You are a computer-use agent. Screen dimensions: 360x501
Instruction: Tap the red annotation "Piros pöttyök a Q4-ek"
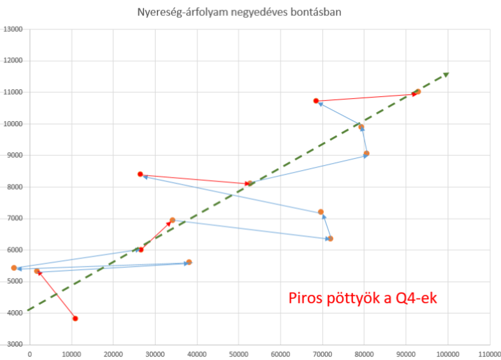pyautogui.click(x=363, y=298)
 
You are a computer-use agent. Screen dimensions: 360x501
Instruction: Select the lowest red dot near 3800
pyautogui.click(x=75, y=318)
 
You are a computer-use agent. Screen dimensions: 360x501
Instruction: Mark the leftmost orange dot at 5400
pyautogui.click(x=14, y=268)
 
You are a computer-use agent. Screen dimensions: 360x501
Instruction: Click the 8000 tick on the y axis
pyautogui.click(x=15, y=187)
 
